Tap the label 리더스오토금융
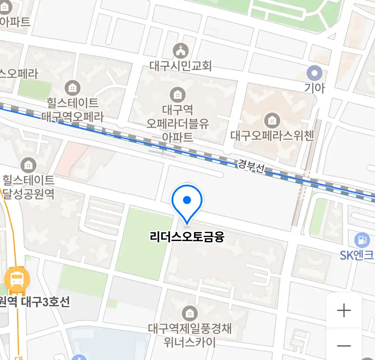(x=187, y=237)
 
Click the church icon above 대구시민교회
(x=180, y=51)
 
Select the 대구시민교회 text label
(x=180, y=66)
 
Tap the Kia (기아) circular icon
(x=314, y=73)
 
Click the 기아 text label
(x=314, y=88)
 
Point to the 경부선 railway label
(x=251, y=166)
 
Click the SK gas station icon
(x=362, y=240)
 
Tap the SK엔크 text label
(x=357, y=255)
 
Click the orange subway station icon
(x=17, y=280)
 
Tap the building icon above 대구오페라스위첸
(x=272, y=120)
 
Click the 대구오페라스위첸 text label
(x=272, y=136)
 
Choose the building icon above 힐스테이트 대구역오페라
(x=72, y=88)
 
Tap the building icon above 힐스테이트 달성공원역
(x=28, y=165)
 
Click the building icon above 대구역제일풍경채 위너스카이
(x=190, y=314)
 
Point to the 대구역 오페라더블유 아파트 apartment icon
(x=178, y=95)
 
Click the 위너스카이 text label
(x=190, y=342)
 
